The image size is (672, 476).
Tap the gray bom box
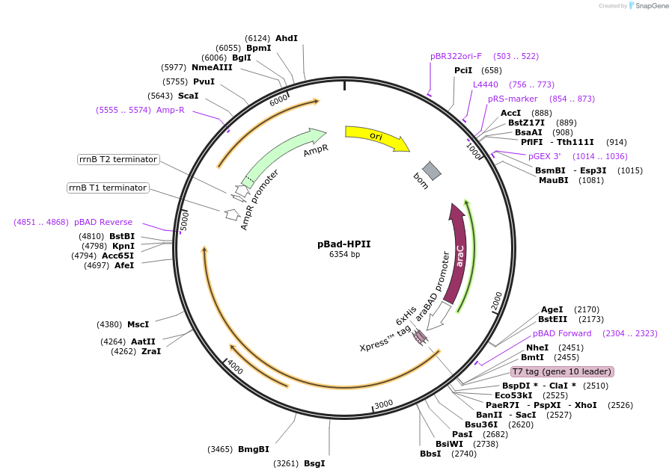(x=432, y=170)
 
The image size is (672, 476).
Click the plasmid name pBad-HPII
(x=344, y=244)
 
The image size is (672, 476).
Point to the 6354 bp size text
(x=344, y=255)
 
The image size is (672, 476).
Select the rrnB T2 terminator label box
(x=118, y=159)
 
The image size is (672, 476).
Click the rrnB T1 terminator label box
(x=108, y=188)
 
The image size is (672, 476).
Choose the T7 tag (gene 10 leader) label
(x=562, y=371)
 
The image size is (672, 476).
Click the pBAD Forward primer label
(x=562, y=333)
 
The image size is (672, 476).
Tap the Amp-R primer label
(x=171, y=110)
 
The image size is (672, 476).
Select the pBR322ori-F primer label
(x=456, y=56)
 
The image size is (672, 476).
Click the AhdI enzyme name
(x=287, y=38)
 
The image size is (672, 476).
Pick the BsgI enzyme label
(x=314, y=463)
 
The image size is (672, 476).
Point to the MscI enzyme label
(x=138, y=324)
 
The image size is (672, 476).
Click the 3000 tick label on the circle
(x=383, y=404)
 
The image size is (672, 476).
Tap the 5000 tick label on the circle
(x=185, y=220)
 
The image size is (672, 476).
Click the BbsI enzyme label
(x=430, y=454)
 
